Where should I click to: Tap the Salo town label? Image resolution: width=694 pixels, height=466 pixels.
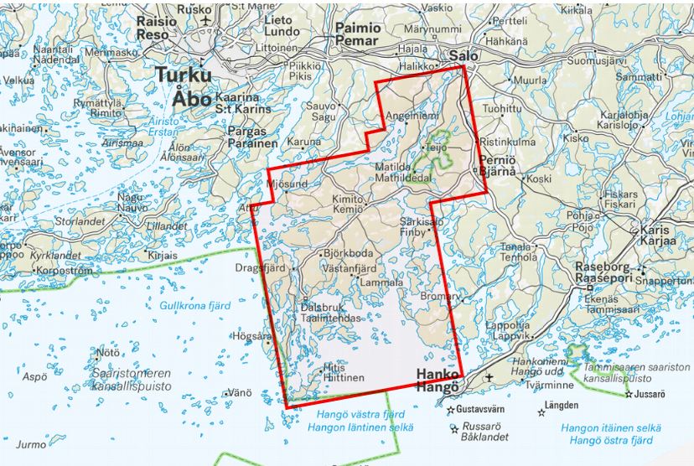(464, 55)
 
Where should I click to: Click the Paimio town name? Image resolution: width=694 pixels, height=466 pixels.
(358, 28)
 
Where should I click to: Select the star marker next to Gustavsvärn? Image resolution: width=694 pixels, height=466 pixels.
(450, 410)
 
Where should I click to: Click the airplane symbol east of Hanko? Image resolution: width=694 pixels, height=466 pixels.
(489, 379)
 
